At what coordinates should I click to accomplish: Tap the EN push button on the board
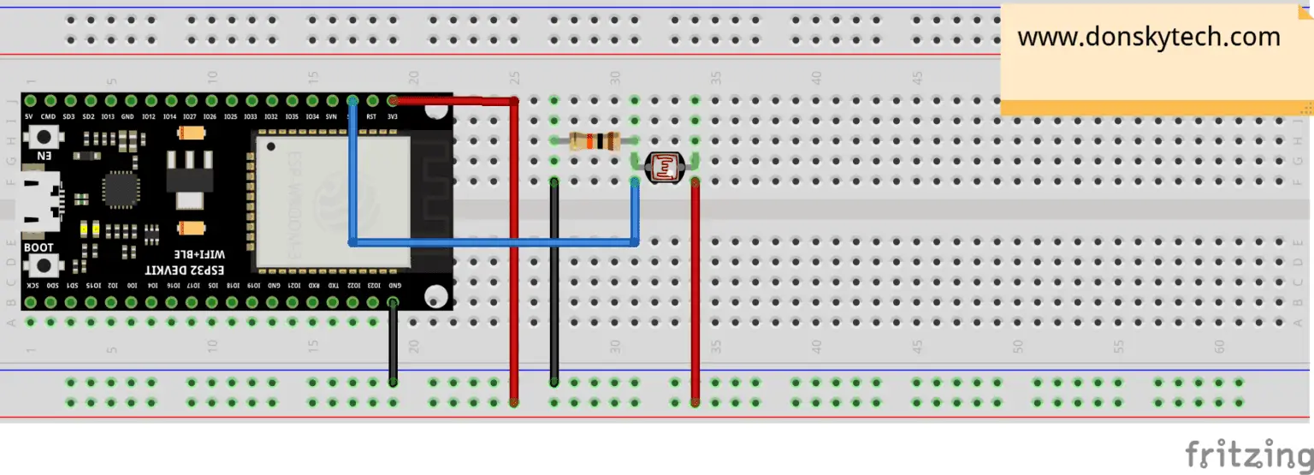(x=43, y=137)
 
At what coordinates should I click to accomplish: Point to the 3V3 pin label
(x=393, y=116)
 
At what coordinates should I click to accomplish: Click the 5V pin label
(x=29, y=116)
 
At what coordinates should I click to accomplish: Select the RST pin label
(x=372, y=116)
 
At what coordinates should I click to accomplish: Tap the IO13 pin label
(x=108, y=116)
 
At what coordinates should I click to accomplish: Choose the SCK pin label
(x=31, y=285)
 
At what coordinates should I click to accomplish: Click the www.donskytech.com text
(x=1148, y=38)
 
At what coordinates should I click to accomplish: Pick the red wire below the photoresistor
(x=695, y=291)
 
